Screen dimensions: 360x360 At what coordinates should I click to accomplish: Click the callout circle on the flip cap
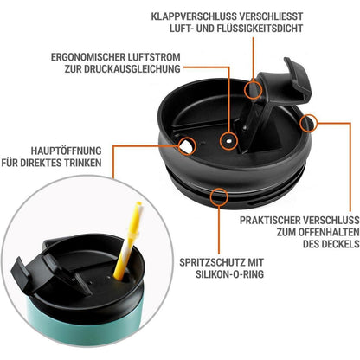(x=254, y=89)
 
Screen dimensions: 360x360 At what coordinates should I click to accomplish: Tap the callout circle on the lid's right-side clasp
(x=307, y=125)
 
